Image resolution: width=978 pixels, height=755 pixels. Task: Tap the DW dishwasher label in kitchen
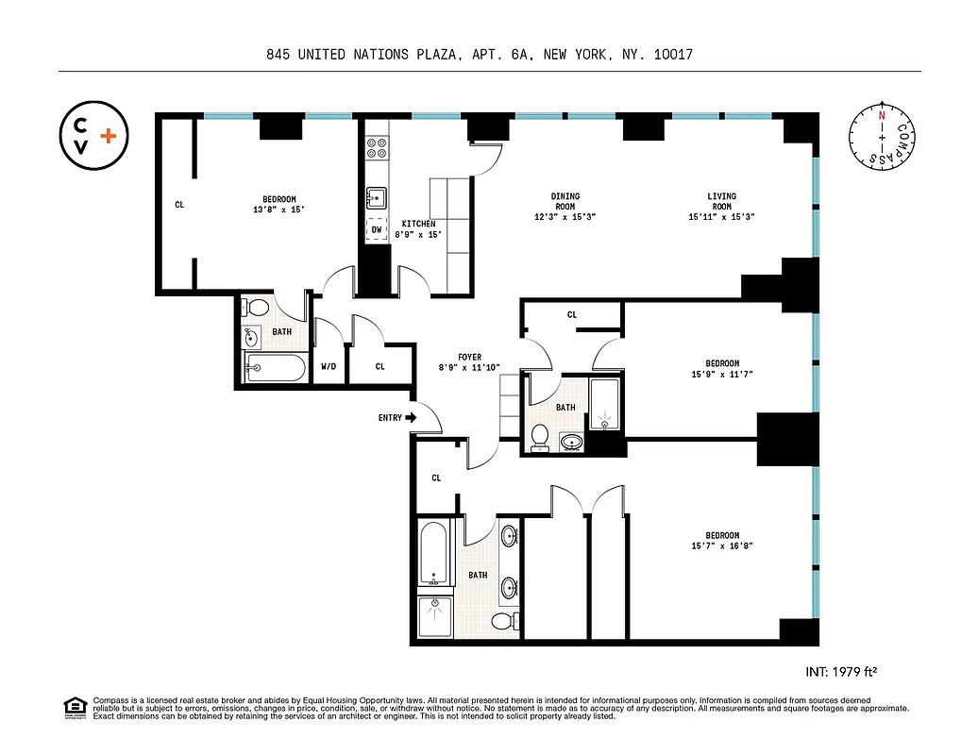376,229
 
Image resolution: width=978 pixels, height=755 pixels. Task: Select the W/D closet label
329,366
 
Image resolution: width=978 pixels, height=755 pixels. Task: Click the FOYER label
470,357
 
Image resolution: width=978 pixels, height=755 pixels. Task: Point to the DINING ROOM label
565,201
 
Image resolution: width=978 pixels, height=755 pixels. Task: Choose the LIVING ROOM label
721,201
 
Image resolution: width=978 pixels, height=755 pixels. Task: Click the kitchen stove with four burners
377,148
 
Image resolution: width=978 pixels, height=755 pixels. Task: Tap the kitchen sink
376,197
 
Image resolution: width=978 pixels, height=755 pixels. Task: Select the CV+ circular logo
93,138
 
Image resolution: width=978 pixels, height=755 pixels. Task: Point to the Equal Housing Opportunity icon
75,707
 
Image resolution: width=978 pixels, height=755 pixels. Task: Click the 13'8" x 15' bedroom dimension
278,210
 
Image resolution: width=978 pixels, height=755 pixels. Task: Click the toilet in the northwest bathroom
254,308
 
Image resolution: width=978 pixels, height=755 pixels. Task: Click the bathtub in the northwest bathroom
275,369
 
